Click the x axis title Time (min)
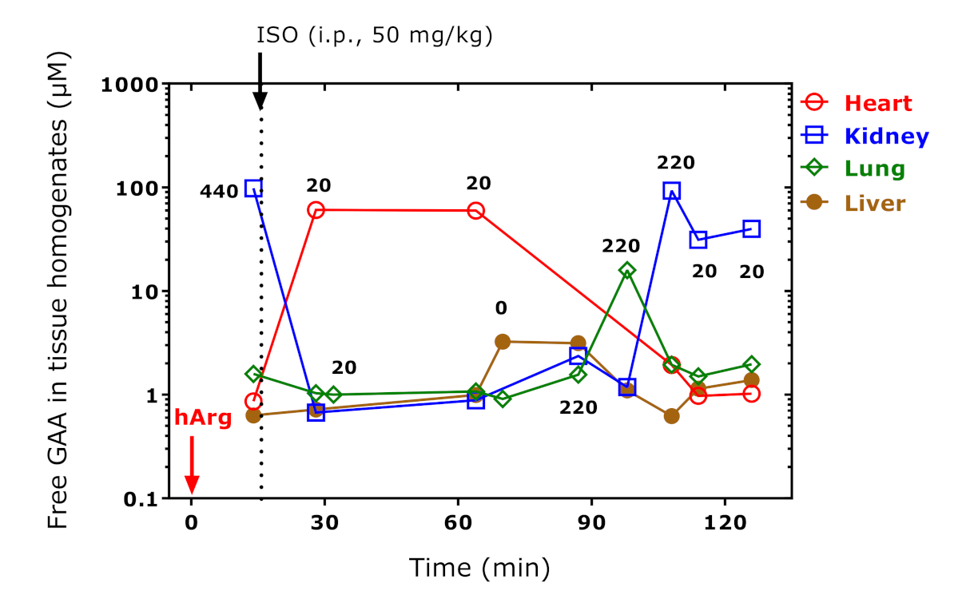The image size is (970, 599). click(479, 567)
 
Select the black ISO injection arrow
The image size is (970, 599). click(260, 81)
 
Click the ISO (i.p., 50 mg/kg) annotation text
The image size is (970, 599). click(375, 35)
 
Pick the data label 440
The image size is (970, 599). click(219, 192)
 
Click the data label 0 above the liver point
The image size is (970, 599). click(501, 308)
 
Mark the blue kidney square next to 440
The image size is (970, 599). click(254, 188)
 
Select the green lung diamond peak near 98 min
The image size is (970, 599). click(627, 270)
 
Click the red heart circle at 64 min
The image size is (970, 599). click(476, 211)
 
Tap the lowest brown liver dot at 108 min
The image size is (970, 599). click(671, 416)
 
